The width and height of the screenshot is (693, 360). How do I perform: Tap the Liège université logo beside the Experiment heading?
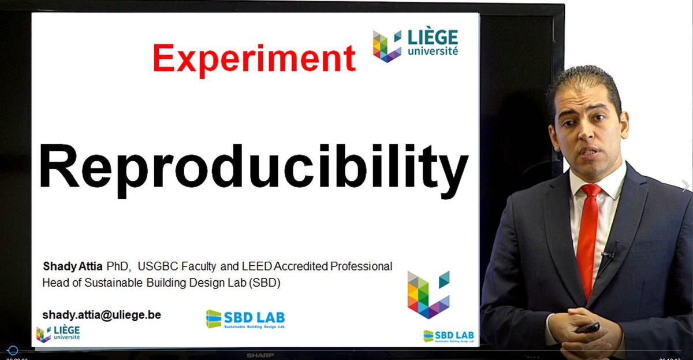pyautogui.click(x=415, y=45)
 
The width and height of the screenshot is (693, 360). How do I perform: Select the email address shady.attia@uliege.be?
pyautogui.click(x=102, y=315)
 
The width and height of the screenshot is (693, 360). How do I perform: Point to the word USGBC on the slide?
pyautogui.click(x=158, y=266)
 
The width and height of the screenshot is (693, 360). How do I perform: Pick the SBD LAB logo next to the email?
pyautogui.click(x=245, y=319)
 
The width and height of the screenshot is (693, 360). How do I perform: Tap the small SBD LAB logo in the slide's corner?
pyautogui.click(x=449, y=336)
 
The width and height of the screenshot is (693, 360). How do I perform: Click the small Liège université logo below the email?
pyautogui.click(x=58, y=333)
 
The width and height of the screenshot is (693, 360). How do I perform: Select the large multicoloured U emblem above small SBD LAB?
pyautogui.click(x=428, y=294)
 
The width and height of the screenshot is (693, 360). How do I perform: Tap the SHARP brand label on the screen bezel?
pyautogui.click(x=259, y=355)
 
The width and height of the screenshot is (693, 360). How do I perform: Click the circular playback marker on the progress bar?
pyautogui.click(x=13, y=351)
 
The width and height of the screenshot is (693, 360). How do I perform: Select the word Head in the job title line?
pyautogui.click(x=54, y=283)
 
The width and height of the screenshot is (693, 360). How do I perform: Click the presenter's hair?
pyautogui.click(x=584, y=81)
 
